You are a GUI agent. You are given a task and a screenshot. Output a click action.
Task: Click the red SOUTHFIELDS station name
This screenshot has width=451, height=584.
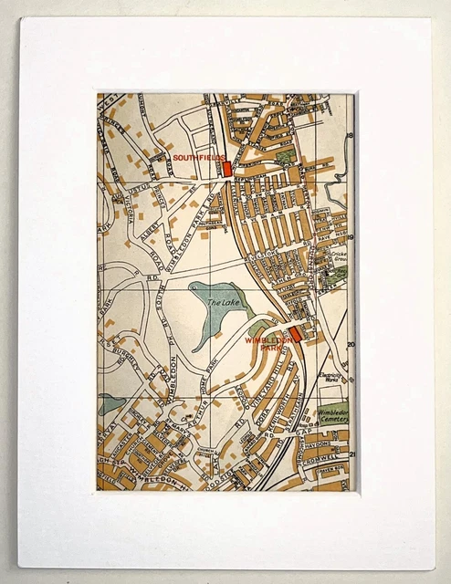[x=194, y=158]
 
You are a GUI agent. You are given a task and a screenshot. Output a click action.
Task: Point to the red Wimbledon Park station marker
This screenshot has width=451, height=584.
[x=295, y=334]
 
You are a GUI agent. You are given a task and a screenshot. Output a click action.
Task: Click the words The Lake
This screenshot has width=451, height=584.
[x=221, y=303]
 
